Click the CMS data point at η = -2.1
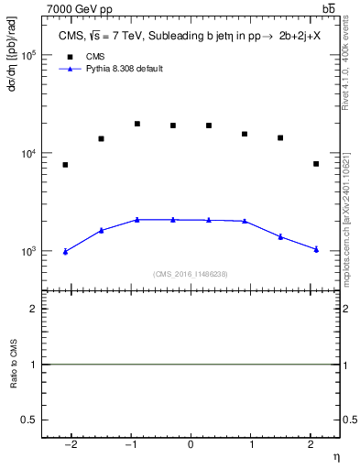tap(65, 165)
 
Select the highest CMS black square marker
tap(136, 124)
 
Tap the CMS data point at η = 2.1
tap(316, 164)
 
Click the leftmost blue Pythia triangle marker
tap(65, 251)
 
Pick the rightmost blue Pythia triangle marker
tap(316, 249)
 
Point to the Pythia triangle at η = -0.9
tap(136, 220)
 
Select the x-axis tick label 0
tap(191, 444)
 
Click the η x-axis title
tap(335, 456)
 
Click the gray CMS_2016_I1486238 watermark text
tap(191, 274)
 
